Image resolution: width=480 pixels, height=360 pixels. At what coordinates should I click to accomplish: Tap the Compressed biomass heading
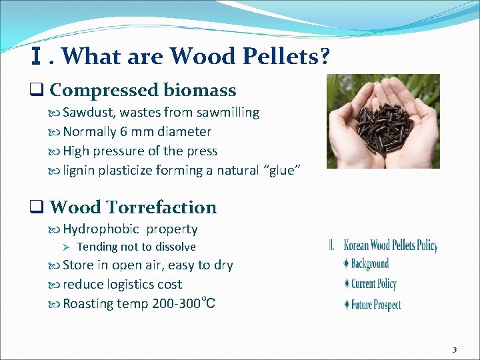coord(142,90)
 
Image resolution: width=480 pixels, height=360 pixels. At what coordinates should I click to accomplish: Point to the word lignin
coord(79,171)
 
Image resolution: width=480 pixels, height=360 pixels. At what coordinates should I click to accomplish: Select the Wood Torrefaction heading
coord(133,207)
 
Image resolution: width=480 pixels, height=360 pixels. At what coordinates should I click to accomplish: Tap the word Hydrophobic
coord(101,229)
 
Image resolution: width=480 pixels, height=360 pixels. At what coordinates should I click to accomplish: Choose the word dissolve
coord(175,247)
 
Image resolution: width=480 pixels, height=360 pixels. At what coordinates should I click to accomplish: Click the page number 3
coord(454,349)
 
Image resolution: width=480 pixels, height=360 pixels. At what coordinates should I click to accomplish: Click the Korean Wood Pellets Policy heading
coord(390,245)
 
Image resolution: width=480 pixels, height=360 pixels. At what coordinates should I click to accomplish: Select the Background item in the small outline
coord(369,264)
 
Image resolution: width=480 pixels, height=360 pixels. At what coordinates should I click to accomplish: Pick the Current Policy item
coord(373,284)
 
